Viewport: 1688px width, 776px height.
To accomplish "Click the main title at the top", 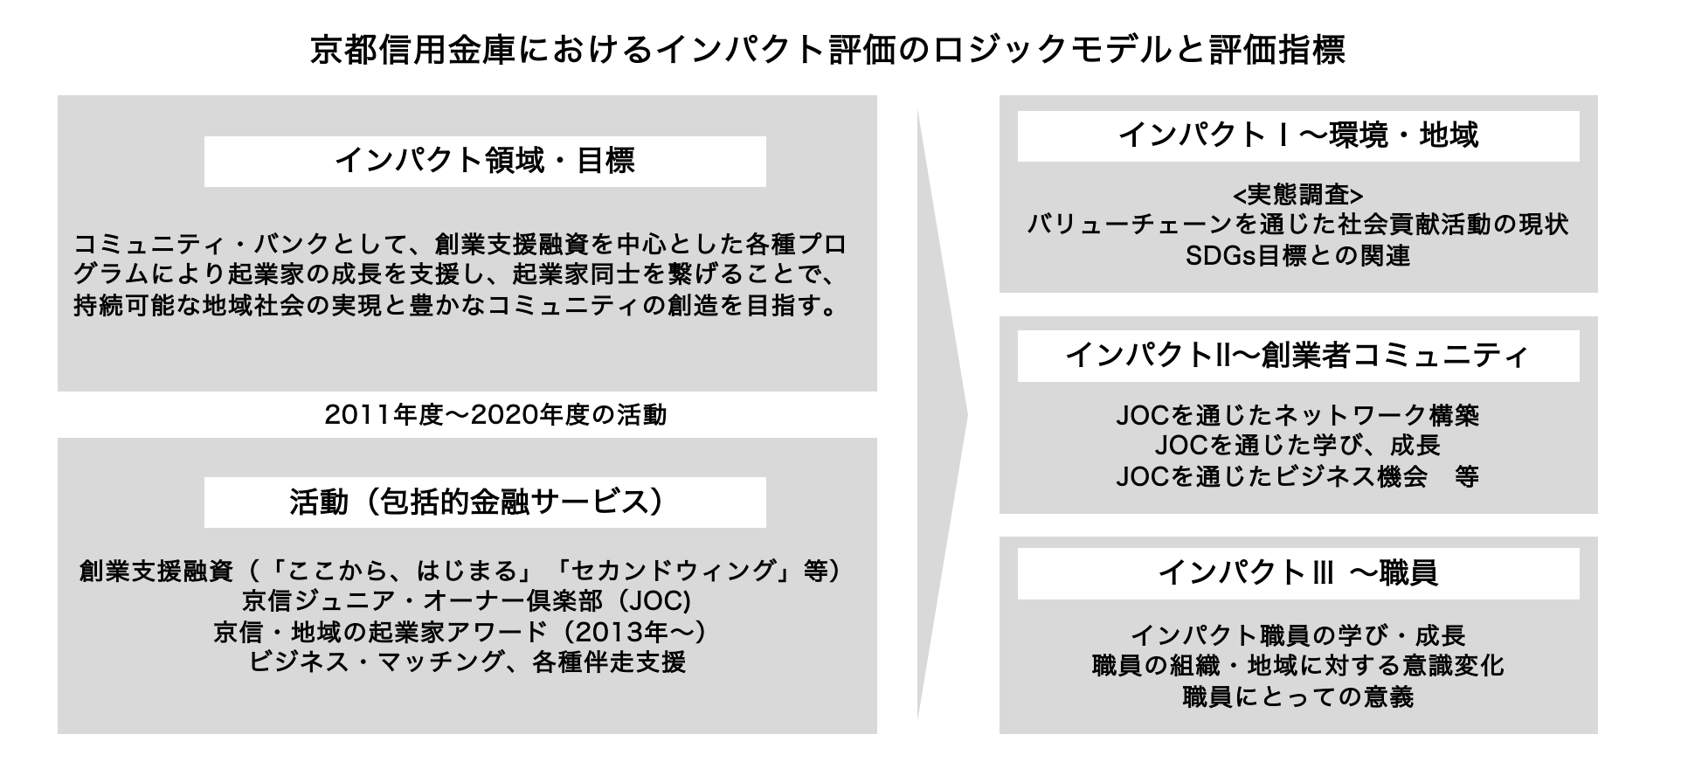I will pyautogui.click(x=827, y=50).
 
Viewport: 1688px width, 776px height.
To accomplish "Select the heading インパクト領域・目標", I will pyautogui.click(x=485, y=161).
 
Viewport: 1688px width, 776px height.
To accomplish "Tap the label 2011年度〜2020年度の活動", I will pyautogui.click(x=495, y=414).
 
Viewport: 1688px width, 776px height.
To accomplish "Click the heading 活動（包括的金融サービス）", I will pyautogui.click(x=485, y=502).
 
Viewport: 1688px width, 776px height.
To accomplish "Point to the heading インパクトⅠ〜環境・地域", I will pyautogui.click(x=1298, y=135).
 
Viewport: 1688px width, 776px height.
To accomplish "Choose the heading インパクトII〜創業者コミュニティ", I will pyautogui.click(x=1298, y=356).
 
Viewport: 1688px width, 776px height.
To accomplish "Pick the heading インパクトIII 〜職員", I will pyautogui.click(x=1298, y=573).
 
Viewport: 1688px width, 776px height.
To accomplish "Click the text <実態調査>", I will pyautogui.click(x=1298, y=194).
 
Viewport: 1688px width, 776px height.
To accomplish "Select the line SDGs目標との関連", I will pyautogui.click(x=1298, y=256).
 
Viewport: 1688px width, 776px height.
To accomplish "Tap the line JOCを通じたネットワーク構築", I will pyautogui.click(x=1298, y=414).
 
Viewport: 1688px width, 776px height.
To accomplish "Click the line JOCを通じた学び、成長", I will pyautogui.click(x=1298, y=446).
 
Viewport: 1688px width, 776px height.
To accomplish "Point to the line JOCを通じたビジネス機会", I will pyautogui.click(x=1271, y=477).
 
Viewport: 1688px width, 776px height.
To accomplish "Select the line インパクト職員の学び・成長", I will pyautogui.click(x=1298, y=634).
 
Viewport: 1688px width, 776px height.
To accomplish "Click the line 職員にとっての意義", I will pyautogui.click(x=1298, y=697).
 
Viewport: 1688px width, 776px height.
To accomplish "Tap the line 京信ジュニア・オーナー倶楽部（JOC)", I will pyautogui.click(x=467, y=601).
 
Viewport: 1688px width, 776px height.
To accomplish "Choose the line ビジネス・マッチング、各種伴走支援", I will pyautogui.click(x=467, y=662).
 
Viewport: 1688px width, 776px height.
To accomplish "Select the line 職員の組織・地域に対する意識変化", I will pyautogui.click(x=1298, y=666).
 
